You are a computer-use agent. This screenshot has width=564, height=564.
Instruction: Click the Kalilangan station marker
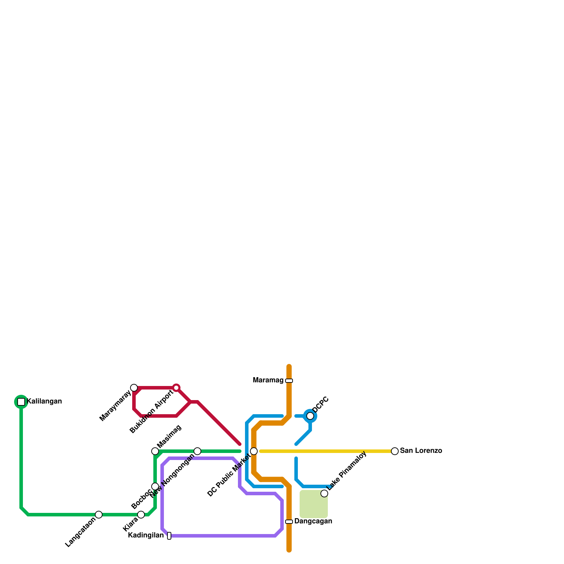click(21, 402)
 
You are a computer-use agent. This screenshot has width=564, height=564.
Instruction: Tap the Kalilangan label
click(44, 401)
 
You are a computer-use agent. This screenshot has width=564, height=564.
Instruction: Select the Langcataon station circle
click(99, 515)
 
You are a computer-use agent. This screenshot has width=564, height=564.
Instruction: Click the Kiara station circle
click(141, 515)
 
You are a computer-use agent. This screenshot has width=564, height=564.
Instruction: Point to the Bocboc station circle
click(155, 486)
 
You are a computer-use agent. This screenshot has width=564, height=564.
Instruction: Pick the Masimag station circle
click(155, 451)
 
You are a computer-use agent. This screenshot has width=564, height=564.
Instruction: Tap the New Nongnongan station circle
click(197, 451)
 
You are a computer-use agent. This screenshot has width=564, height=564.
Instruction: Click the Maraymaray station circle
click(134, 388)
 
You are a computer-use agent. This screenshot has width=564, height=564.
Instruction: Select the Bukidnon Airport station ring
click(176, 388)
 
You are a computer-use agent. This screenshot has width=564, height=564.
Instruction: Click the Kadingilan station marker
click(169, 536)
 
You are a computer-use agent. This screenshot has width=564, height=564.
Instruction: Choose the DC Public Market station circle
click(254, 451)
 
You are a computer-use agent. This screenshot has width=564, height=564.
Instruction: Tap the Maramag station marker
click(289, 381)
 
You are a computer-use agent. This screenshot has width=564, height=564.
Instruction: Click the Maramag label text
click(268, 380)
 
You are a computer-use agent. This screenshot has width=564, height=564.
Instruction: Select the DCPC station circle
click(310, 416)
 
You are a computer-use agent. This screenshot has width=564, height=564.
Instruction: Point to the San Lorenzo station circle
click(395, 451)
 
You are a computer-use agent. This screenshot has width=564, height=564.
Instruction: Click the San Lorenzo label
click(421, 451)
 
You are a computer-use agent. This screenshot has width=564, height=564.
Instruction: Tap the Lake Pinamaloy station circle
click(324, 493)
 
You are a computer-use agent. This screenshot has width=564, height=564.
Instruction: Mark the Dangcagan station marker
click(289, 522)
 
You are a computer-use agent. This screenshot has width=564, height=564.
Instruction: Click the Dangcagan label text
click(313, 521)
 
